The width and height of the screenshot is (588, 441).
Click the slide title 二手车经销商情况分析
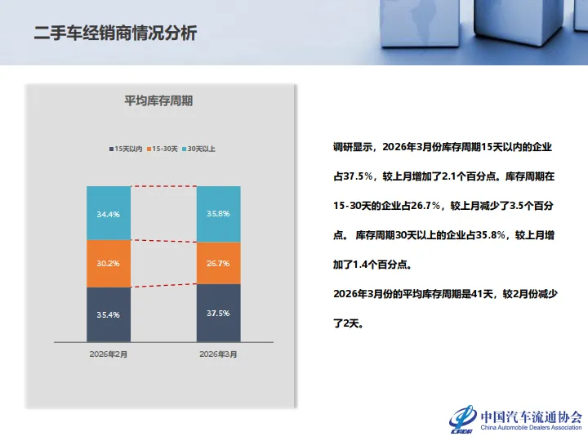(115, 33)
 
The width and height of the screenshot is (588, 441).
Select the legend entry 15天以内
(126, 149)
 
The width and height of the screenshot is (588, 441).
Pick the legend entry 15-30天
(163, 149)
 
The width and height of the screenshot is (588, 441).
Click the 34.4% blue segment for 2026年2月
(109, 213)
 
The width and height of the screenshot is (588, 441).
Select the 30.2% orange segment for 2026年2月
(109, 264)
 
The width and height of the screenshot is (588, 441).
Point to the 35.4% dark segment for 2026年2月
(109, 314)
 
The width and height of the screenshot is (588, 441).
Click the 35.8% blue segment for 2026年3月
(218, 214)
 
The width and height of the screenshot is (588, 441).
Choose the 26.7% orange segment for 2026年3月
(218, 263)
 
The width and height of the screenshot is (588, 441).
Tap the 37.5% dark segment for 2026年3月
(218, 313)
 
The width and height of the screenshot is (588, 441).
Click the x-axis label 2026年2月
(109, 354)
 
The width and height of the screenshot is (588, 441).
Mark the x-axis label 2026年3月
(218, 354)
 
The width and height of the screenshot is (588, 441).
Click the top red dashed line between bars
(163, 186)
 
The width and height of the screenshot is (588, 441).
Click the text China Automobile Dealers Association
(531, 427)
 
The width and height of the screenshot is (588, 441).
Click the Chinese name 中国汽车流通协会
(531, 414)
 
